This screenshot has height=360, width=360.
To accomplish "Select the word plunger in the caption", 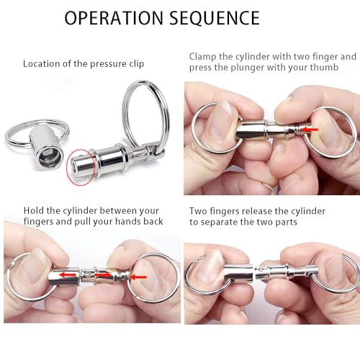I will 252,70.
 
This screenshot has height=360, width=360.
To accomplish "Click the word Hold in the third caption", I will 35,210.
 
